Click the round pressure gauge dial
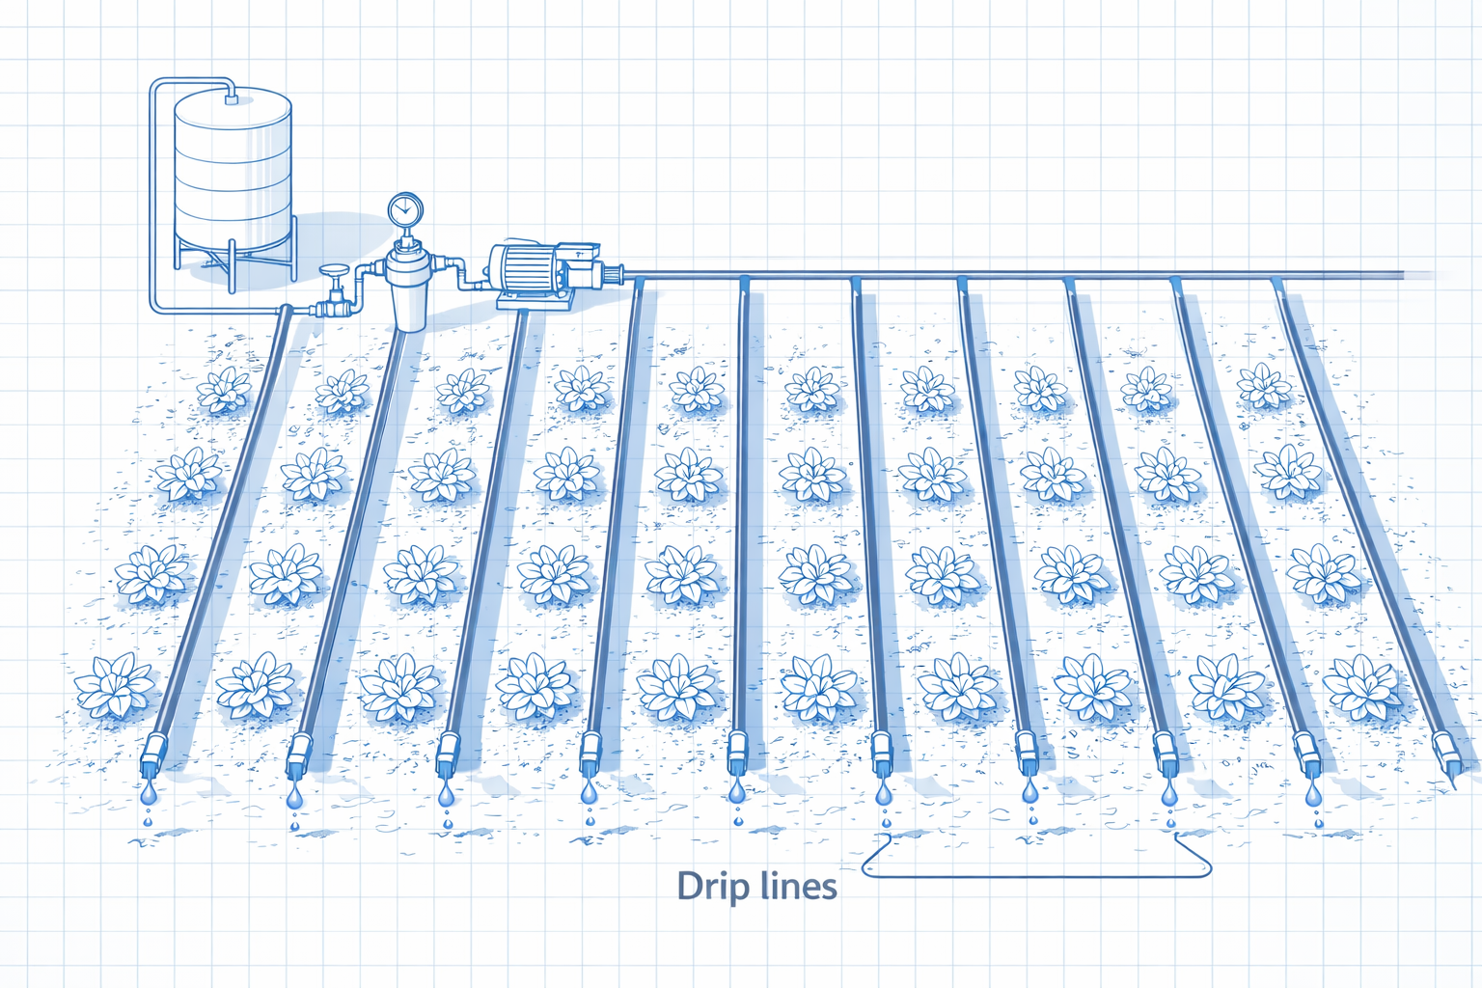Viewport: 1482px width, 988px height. pos(405,210)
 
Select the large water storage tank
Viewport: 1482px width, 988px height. pos(233,171)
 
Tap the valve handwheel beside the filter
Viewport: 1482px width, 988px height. pos(334,271)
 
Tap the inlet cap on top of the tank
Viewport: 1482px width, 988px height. pos(231,99)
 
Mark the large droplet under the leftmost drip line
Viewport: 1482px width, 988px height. pos(149,792)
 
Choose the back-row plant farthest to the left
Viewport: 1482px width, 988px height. pos(224,391)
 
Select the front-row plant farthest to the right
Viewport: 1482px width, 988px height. pos(1361,687)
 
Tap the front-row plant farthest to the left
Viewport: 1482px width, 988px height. pos(115,686)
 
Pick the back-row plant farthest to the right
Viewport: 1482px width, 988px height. pos(1264,385)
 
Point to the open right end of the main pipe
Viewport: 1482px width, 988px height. pos(1403,274)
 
